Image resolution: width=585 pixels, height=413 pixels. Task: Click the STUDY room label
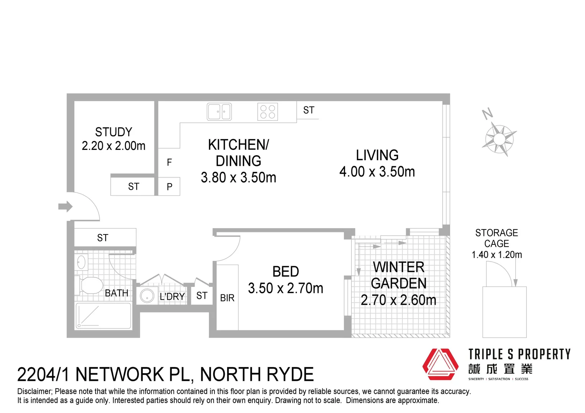coord(113,132)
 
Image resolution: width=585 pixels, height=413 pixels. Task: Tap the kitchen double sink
coord(219,112)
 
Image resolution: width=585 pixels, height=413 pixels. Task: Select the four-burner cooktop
coord(268,112)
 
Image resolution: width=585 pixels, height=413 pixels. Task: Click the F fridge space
coord(169,163)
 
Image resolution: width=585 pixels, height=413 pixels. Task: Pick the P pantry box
coord(169,187)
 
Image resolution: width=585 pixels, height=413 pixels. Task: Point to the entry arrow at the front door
coord(65,207)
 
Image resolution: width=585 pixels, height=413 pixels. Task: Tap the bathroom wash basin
coord(81,262)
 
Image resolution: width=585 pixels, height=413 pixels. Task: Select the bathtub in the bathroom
coord(104,316)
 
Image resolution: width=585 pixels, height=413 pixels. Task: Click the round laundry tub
coord(147,296)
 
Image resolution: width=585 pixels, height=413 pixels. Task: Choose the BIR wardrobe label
coord(227,298)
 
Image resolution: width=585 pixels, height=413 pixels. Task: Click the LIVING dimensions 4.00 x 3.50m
coord(377,172)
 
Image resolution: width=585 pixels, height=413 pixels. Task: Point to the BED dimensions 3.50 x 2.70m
coord(286,288)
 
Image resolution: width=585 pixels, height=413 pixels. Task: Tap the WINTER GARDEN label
coord(399,275)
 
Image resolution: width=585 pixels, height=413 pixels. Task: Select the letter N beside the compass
coord(487,114)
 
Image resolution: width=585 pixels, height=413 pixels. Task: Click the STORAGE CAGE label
coord(497,238)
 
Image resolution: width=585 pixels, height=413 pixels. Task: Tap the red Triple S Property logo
coord(440,364)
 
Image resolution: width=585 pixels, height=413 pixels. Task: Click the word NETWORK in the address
coord(132,374)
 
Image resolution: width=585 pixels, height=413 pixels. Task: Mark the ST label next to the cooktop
coord(309,110)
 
